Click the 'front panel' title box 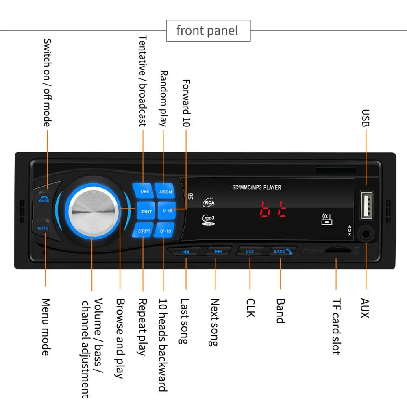tap(208, 31)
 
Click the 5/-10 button tap(167, 211)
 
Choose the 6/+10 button tap(166, 231)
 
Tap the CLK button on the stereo tap(250, 251)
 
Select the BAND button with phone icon tap(282, 251)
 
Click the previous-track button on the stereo tap(185, 252)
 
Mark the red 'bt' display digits tap(273, 208)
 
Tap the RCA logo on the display tap(209, 202)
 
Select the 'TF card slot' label tap(336, 327)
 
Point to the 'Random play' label tap(163, 98)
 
